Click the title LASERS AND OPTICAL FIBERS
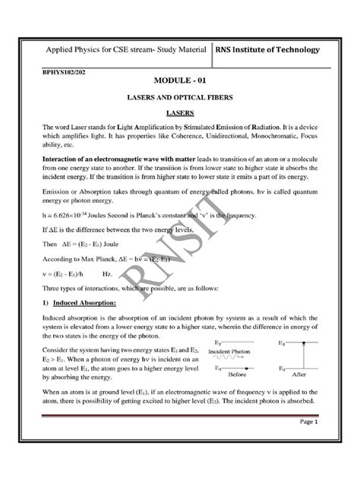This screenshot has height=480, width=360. pyautogui.click(x=180, y=97)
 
